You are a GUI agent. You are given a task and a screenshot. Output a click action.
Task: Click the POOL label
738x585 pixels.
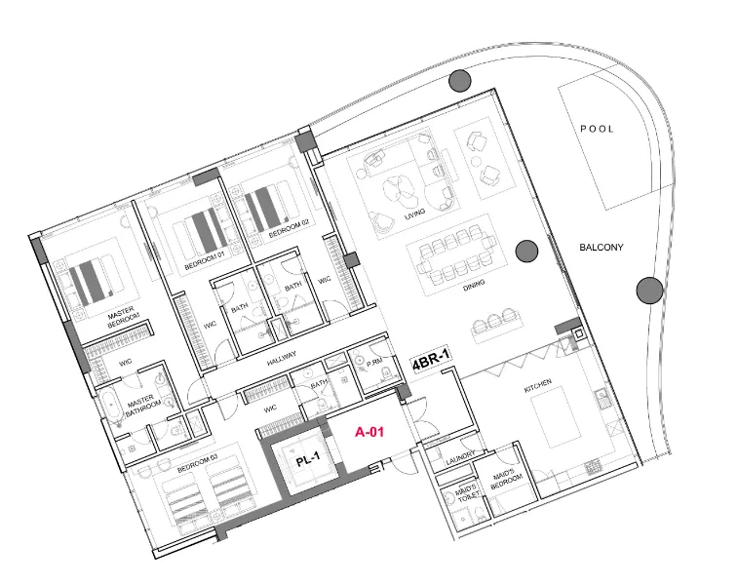(x=598, y=129)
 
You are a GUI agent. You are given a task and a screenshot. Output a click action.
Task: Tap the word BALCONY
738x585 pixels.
(x=602, y=248)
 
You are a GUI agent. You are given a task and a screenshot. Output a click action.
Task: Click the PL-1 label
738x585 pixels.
(x=309, y=462)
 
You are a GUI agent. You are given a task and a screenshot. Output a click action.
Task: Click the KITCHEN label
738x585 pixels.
(x=539, y=388)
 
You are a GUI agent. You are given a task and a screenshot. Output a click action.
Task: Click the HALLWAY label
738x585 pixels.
(x=283, y=359)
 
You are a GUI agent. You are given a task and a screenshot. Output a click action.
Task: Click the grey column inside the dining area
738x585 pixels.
(x=525, y=251)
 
